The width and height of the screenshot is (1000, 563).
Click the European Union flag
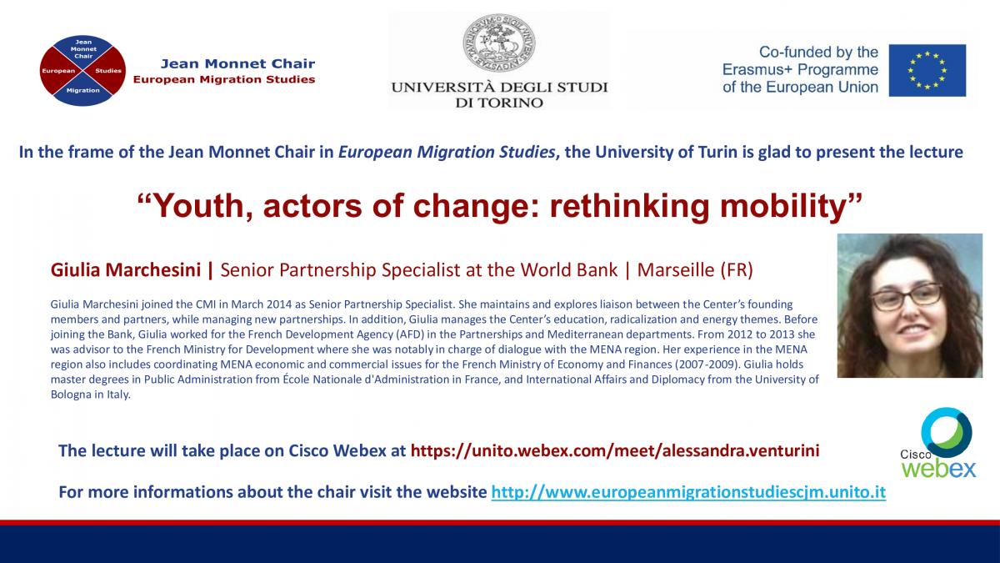click(x=927, y=70)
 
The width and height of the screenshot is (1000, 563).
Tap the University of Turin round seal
click(x=498, y=43)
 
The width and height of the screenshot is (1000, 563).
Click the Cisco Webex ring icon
click(x=947, y=432)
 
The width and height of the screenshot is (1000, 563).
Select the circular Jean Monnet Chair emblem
click(x=82, y=71)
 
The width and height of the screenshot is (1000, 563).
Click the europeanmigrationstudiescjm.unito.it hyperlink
click(x=688, y=492)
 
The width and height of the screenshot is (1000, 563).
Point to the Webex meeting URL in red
click(x=615, y=450)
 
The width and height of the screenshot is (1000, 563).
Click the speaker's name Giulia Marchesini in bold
click(x=126, y=270)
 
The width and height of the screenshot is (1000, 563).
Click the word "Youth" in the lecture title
click(x=198, y=206)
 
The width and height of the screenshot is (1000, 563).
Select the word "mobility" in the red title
click(x=783, y=206)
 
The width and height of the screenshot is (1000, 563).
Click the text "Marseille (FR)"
click(x=695, y=270)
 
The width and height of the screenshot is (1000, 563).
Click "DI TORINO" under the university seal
click(x=499, y=103)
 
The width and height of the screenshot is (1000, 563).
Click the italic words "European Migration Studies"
click(x=447, y=153)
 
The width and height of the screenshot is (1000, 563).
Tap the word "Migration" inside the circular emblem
click(x=83, y=90)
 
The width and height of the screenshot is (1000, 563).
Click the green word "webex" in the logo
click(x=938, y=469)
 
